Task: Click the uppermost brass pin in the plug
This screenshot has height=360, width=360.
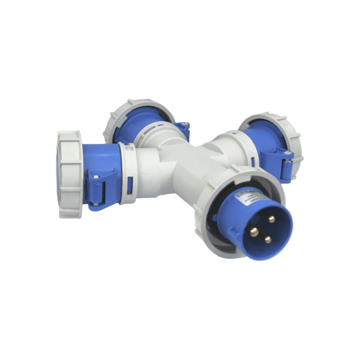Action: [x=271, y=219]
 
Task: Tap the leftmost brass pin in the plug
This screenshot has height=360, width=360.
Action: [x=254, y=232]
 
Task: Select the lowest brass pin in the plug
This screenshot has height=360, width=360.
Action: [x=268, y=239]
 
